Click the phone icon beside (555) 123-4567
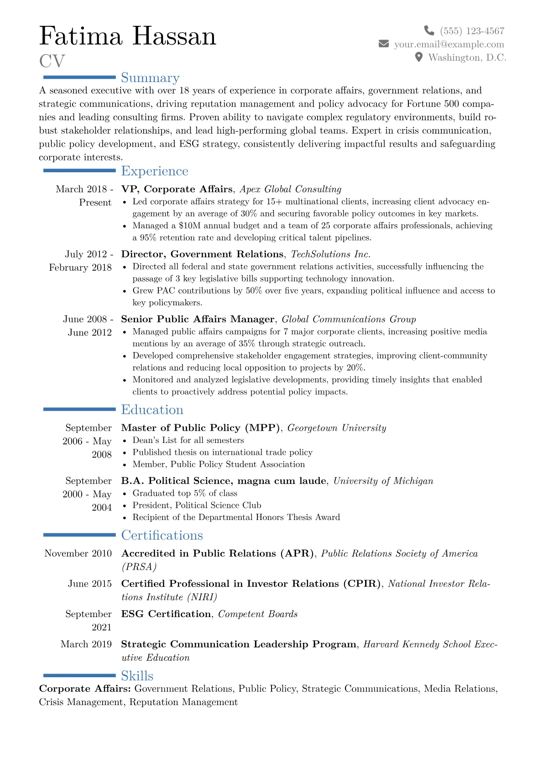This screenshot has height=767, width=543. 429,31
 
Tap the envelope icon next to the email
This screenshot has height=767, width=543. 384,44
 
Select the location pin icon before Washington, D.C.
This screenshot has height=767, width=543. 419,57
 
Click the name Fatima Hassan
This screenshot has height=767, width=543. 128,36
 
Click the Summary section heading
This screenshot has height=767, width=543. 150,78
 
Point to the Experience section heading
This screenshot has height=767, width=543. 155,171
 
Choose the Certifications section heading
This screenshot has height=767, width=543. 162,535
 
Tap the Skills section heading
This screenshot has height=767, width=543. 137,676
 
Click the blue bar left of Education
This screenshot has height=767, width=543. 79,409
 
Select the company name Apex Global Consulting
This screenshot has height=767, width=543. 290,189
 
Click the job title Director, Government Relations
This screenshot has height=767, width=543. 202,254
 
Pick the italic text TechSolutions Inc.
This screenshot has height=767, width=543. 330,254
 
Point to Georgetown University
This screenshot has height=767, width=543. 337,428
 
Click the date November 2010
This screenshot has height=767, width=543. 78,553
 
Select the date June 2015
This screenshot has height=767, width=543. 89,584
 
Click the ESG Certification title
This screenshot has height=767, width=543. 166,614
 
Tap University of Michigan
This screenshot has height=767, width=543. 383,481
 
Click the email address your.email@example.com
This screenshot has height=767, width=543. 449,44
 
